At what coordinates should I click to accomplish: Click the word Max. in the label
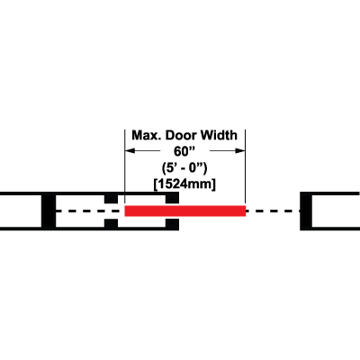click(x=147, y=135)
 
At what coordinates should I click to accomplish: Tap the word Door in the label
click(x=181, y=135)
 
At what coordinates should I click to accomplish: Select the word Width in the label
click(x=219, y=135)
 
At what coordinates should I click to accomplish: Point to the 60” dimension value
click(x=184, y=152)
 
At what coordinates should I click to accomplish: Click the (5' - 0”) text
click(x=184, y=168)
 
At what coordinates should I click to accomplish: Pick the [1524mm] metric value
click(x=184, y=184)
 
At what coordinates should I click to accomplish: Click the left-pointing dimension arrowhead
click(x=130, y=150)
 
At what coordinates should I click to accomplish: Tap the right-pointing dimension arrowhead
click(x=240, y=150)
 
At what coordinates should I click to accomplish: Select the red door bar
click(x=185, y=211)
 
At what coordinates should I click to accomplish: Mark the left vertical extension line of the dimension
click(x=125, y=167)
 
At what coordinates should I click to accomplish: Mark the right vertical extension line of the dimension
click(x=246, y=167)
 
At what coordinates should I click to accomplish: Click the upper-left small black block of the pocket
click(x=111, y=199)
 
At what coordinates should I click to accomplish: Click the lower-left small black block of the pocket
click(x=111, y=223)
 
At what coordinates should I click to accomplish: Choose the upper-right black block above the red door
click(x=173, y=199)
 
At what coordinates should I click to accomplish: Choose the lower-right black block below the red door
click(x=173, y=223)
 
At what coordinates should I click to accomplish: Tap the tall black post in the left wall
click(x=49, y=211)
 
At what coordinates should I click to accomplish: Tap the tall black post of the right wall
click(x=306, y=211)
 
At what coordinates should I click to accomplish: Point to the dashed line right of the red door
click(x=273, y=211)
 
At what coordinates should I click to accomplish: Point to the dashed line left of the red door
click(x=90, y=211)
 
